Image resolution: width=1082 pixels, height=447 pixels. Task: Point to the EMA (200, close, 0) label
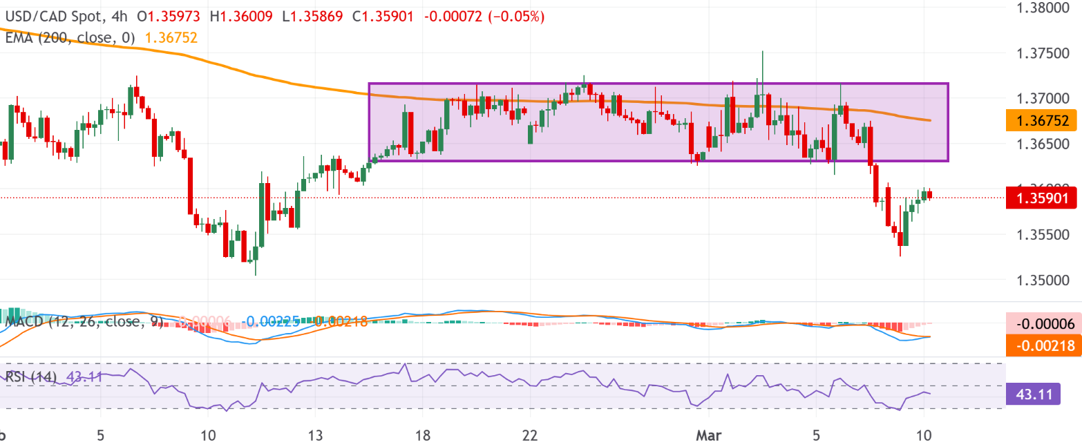coord(70,38)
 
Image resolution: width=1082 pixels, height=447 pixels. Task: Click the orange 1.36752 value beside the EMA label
coord(172,38)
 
